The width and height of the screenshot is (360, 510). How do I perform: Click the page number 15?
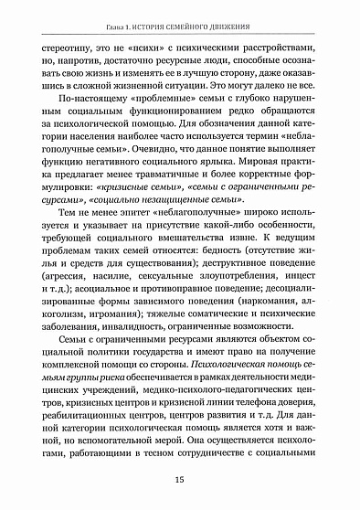[180, 475]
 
